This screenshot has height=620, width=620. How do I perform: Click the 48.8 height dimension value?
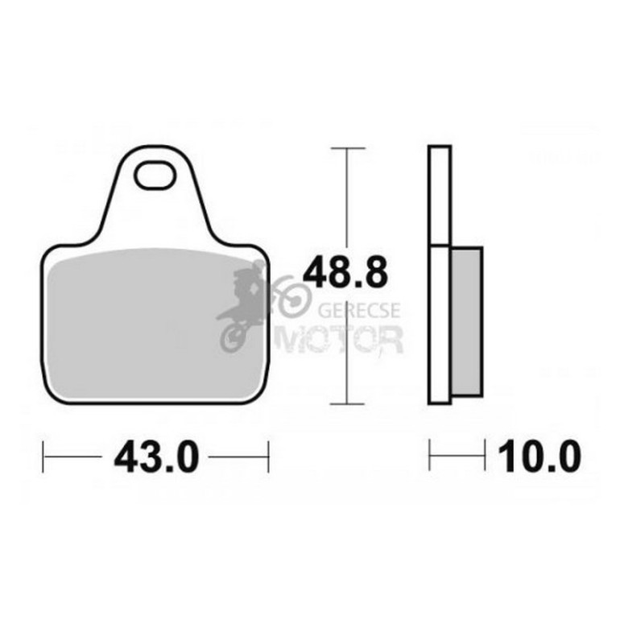pos(345,272)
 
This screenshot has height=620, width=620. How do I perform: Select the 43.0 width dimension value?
pos(155,457)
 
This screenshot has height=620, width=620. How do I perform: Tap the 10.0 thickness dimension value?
pos(539,457)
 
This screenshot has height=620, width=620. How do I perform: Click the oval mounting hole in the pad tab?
pos(155,175)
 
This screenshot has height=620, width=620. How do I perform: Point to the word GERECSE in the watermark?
pos(359,310)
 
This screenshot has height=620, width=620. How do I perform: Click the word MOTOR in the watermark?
pos(340,339)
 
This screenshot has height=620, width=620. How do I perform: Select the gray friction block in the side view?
pos(466,321)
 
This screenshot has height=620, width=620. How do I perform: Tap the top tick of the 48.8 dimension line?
pos(348,148)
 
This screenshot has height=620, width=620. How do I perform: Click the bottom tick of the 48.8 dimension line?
pos(347,404)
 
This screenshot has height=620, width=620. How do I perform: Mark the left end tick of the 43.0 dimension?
pos(43,457)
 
